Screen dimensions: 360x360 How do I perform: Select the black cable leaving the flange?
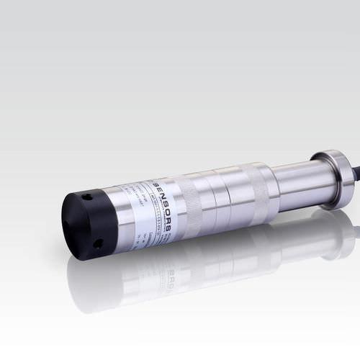pos(355,173)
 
